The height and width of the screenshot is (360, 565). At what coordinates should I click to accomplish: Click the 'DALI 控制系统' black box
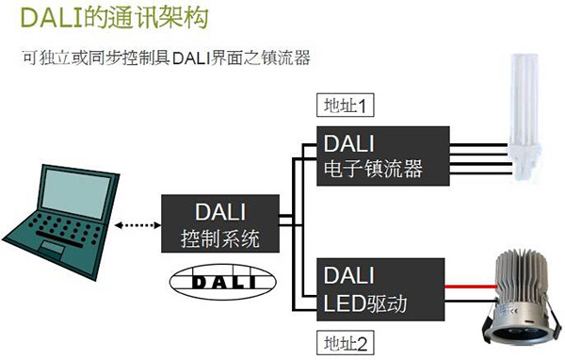[222, 223]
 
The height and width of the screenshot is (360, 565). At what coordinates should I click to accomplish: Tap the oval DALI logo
[222, 280]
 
